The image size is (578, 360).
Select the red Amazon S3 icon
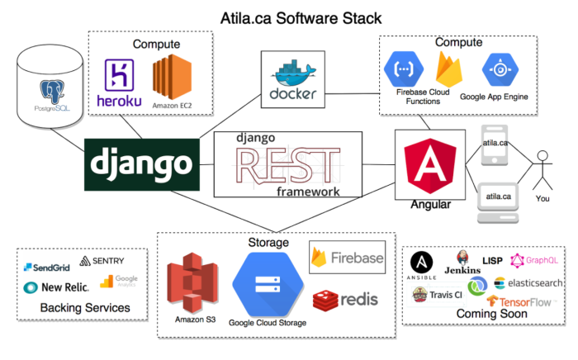pyautogui.click(x=193, y=282)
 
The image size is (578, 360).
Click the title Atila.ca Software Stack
pyautogui.click(x=289, y=16)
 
